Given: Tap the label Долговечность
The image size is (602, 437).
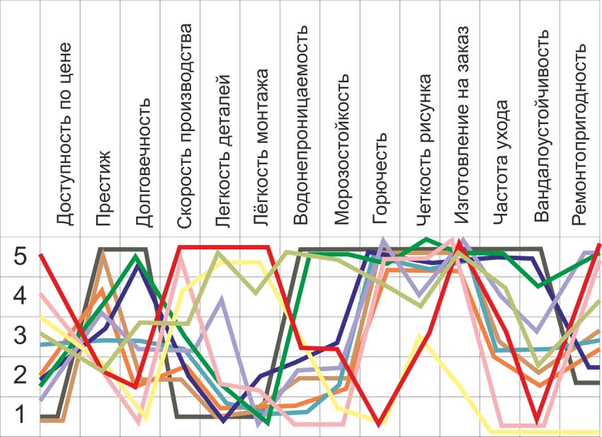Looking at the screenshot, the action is (x=144, y=162).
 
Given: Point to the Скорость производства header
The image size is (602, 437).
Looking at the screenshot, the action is (x=184, y=126).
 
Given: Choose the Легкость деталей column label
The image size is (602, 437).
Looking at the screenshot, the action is (x=223, y=151).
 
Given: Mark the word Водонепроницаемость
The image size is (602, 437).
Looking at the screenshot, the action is (x=300, y=125).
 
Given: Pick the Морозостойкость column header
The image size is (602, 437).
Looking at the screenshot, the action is (x=341, y=149).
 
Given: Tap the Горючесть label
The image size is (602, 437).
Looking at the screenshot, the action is (x=380, y=178).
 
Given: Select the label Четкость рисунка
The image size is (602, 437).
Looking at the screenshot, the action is (x=424, y=149).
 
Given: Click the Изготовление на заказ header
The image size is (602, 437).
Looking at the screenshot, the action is (x=461, y=125).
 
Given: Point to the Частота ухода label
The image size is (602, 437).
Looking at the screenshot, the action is (x=501, y=162).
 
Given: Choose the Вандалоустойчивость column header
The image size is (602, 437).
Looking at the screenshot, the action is (x=542, y=126).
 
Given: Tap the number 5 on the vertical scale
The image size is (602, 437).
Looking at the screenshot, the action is (x=20, y=256).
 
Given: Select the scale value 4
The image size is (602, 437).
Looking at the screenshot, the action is (x=20, y=295).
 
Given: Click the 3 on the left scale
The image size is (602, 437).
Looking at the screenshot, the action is (x=20, y=335).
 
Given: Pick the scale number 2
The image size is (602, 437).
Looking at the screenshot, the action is (x=20, y=375).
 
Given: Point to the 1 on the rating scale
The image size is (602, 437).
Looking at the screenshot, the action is (x=21, y=415).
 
